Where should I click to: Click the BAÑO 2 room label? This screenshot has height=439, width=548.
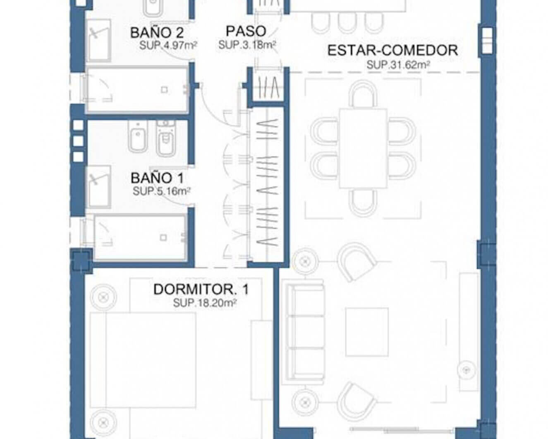coord(157,33)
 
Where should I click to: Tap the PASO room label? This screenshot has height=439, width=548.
coord(246,31)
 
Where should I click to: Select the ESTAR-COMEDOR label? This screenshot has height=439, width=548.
coord(392,50)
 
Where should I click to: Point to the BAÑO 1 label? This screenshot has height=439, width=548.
coord(157,178)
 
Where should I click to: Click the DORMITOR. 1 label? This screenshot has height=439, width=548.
coord(201,289)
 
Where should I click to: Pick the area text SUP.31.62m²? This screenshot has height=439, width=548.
coord(398,65)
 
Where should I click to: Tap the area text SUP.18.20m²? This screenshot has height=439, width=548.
coord(205,303)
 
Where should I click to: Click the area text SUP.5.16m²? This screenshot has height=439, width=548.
coord(161,191)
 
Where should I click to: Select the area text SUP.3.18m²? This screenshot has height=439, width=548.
coord(247,45)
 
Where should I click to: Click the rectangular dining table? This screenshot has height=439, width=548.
coord(364,148)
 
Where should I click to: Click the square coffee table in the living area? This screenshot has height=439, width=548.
coord(367,332)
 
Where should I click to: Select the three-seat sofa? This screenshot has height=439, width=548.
coord(306,332)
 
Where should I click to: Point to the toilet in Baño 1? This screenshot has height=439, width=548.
coord(165,138)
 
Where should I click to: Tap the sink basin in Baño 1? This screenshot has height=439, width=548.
coord(98,186)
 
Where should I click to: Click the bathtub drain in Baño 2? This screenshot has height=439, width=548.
coord(164,90)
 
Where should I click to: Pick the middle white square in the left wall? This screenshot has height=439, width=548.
coord(79,141)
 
